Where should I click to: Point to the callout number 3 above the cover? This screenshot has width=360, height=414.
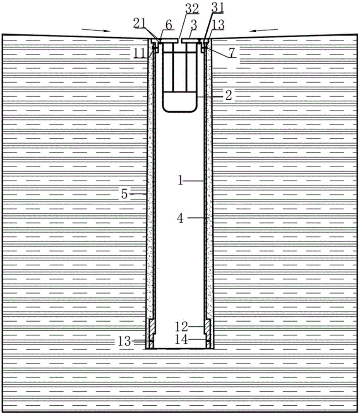pyautogui.click(x=192, y=26)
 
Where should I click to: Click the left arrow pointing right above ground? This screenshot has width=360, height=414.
pyautogui.click(x=96, y=30)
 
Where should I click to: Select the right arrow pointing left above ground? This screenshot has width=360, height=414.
pyautogui.click(x=266, y=30)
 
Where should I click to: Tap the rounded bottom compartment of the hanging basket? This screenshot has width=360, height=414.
pyautogui.click(x=179, y=102)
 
